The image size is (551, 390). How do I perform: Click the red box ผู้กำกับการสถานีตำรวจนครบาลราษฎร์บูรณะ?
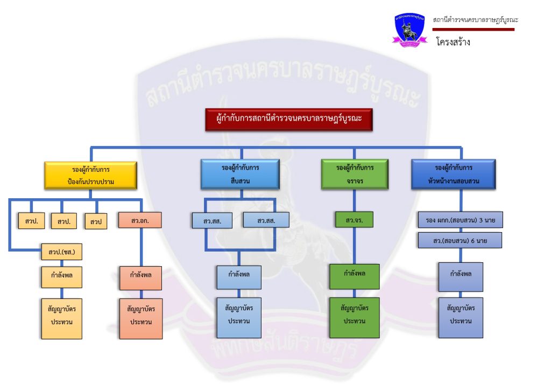289,120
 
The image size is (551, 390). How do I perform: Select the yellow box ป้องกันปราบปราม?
90,175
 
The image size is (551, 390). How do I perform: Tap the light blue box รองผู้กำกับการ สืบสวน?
240,174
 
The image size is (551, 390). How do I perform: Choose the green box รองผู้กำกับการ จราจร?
355,174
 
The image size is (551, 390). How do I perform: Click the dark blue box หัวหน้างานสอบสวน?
453,174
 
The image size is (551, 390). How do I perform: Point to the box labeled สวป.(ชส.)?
61,252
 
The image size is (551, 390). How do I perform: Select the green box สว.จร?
354,220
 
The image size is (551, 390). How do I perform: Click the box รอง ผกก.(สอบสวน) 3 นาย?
460,220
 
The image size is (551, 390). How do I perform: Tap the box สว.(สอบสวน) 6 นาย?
460,240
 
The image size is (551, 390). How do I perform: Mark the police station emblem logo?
409,29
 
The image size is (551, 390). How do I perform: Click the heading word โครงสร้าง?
453,41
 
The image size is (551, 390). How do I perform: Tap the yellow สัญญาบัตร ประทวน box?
62,318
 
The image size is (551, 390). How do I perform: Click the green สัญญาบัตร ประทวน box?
355,317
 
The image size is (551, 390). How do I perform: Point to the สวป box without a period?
96,221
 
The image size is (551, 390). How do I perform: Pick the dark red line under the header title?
474,29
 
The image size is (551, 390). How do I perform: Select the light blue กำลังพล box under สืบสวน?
239,277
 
